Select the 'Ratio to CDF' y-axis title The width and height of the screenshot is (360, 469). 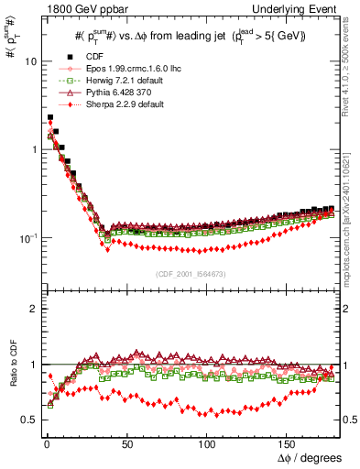[x=12, y=365]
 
